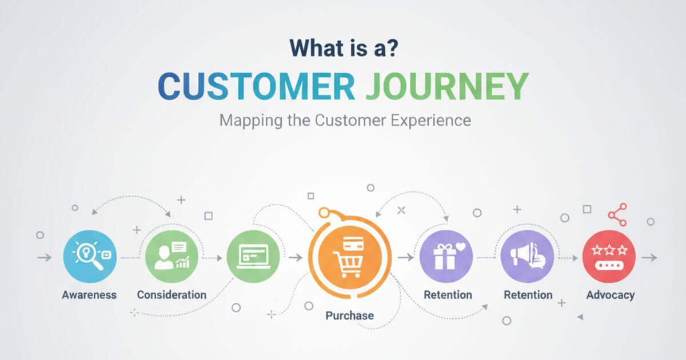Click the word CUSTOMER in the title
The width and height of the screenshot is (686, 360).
tap(257, 86)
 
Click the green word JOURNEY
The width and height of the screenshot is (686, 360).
tap(448, 86)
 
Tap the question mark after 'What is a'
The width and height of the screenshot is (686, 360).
tap(391, 48)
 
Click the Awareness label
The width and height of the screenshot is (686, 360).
tap(89, 295)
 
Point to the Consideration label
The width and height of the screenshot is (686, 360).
tap(171, 295)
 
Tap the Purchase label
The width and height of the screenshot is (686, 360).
tap(350, 315)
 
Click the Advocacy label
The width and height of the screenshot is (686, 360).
tap(611, 295)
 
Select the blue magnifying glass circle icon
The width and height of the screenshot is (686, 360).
tap(90, 257)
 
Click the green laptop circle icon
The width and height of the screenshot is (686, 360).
tap(253, 257)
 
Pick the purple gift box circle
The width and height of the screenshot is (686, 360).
tap(446, 257)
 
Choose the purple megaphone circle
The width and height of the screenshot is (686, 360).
tap(527, 257)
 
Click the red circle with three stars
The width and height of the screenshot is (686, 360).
tap(609, 257)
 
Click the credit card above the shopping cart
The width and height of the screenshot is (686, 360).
tap(353, 243)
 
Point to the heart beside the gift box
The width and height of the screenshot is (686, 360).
tap(461, 247)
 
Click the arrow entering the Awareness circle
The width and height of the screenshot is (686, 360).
tap(45, 258)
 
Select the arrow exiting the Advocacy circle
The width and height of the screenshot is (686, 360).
tap(649, 258)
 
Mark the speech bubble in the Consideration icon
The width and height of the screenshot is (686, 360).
tap(179, 247)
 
